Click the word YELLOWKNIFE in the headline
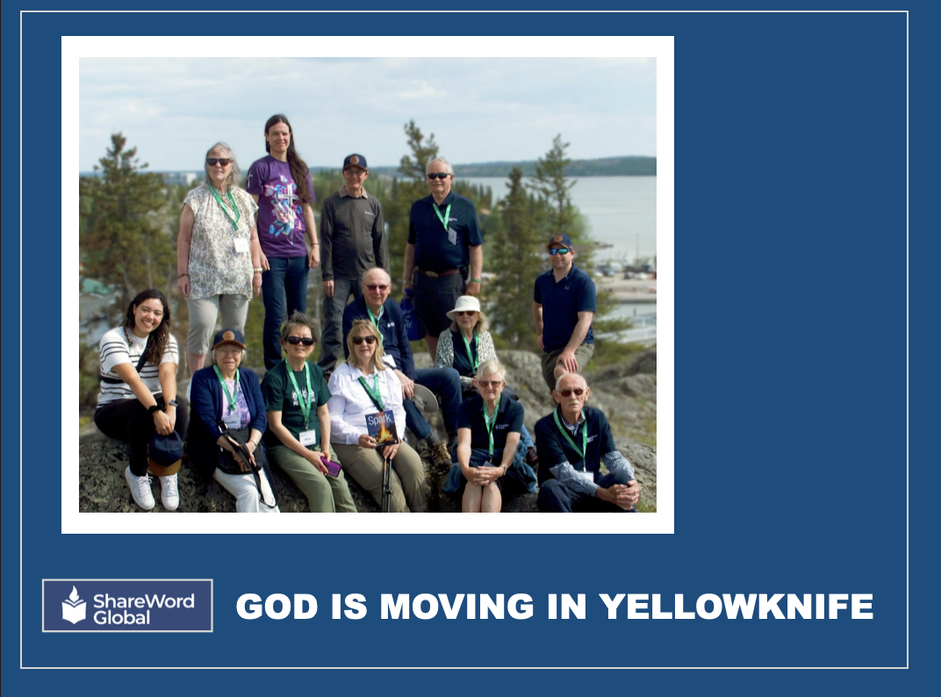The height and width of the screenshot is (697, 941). pos(736,607)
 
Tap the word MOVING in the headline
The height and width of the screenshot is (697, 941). pos(456,607)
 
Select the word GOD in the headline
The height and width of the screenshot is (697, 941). pos(277,607)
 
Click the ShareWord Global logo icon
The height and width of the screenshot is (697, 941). pos(74,605)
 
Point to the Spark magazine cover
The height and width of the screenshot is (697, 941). pos(381,427)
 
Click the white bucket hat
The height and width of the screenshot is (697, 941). pos(466,305)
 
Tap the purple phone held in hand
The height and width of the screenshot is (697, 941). pos(331,466)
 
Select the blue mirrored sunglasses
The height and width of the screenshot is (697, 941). pos(558,251)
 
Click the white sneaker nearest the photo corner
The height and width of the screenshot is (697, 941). pos(140,488)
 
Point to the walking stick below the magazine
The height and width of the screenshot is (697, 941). pos(387,478)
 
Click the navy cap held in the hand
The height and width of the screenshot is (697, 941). pos(165,448)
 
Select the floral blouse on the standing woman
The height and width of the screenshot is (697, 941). pos(219,241)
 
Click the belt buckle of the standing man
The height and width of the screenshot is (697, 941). pos(427,274)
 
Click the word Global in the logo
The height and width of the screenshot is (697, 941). pos(121,618)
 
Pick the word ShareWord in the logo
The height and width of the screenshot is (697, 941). pos(144,601)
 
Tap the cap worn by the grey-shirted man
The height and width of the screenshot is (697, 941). pos(355,162)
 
